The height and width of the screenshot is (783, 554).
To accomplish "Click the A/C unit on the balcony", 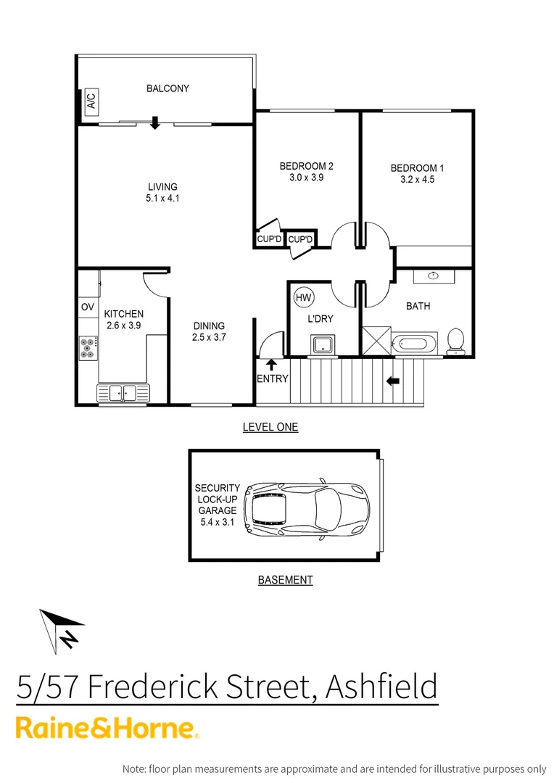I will tap(91, 101).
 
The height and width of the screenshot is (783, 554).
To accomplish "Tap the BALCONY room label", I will tap(168, 88).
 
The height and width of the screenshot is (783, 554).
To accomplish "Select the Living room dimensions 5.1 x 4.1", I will tap(162, 198).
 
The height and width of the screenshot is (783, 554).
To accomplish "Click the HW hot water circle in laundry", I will tap(302, 297).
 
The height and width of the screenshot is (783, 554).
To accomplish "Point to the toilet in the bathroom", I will tap(455, 341).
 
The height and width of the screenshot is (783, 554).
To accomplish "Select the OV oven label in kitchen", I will tap(88, 307).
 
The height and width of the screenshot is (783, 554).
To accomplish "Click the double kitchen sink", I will tap(123, 392).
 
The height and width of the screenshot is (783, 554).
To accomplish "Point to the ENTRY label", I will tap(273, 378).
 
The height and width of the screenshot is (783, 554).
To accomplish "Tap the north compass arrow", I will tap(62, 631).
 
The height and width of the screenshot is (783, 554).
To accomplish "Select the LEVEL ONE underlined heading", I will tap(270, 427).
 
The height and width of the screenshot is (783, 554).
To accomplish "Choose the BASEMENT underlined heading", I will tap(285, 580).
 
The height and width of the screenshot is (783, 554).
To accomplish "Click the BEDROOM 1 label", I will tap(417, 168).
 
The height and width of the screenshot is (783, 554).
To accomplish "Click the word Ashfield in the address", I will tap(381, 686).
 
